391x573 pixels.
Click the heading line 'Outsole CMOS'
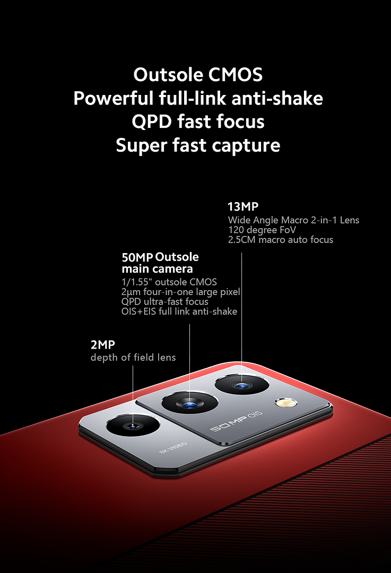click(x=198, y=75)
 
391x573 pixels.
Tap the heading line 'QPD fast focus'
click(x=198, y=121)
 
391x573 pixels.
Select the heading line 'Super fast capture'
click(x=198, y=145)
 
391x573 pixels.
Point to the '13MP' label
click(x=243, y=206)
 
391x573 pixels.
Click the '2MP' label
click(x=103, y=344)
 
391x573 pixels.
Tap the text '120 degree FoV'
click(x=262, y=230)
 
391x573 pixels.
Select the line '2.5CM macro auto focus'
click(x=281, y=240)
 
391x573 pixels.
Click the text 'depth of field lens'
click(x=133, y=358)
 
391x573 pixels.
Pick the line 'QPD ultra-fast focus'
click(x=165, y=301)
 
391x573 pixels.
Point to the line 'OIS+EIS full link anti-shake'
click(x=179, y=311)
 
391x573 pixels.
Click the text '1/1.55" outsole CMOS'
click(x=169, y=282)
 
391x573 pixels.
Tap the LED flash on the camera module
click(x=286, y=403)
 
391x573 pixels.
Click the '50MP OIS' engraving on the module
click(x=236, y=421)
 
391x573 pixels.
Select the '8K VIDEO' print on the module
click(x=173, y=448)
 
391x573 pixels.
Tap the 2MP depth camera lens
click(x=133, y=426)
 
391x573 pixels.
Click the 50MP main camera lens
click(x=189, y=403)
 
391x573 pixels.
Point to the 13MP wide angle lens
click(x=241, y=385)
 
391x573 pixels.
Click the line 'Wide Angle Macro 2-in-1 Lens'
click(x=293, y=220)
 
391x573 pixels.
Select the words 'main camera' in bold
click(x=157, y=269)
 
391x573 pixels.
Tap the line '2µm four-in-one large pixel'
click(x=181, y=292)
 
